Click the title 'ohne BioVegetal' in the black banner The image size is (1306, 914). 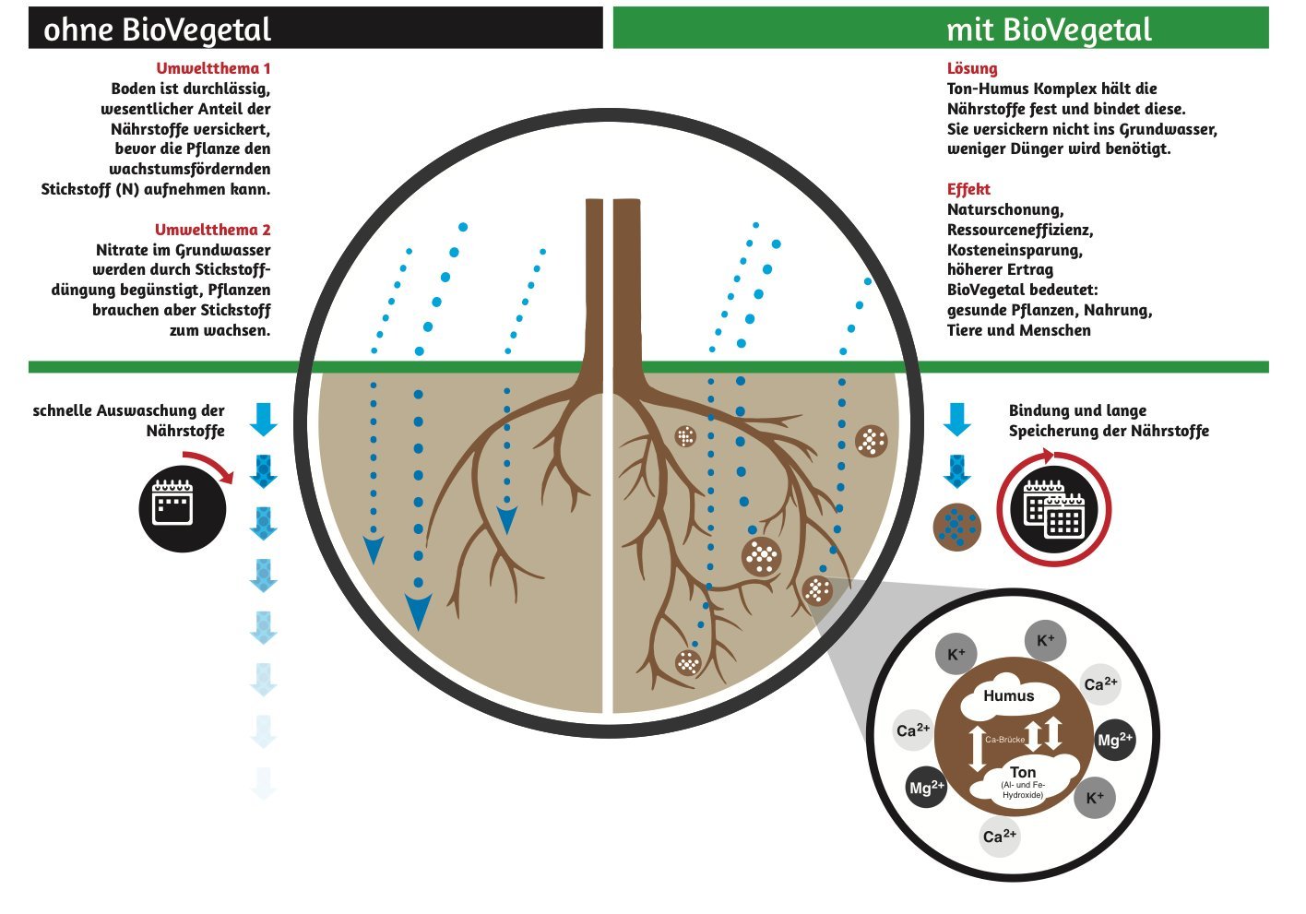[158, 30]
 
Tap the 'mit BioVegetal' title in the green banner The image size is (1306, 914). [1049, 30]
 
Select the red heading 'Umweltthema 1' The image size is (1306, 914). [213, 68]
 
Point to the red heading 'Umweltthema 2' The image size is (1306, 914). [213, 230]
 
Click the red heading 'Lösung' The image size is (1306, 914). [972, 68]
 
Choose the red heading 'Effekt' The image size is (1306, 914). [968, 189]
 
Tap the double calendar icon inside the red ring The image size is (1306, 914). [1054, 508]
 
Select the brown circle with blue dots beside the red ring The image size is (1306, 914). [957, 527]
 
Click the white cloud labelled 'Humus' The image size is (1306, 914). [1009, 695]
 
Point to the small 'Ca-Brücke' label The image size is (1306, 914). [1005, 739]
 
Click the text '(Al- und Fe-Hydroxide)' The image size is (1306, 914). [1023, 789]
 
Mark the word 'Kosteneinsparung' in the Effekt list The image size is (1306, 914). [1015, 250]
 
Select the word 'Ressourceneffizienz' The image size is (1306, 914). [1020, 230]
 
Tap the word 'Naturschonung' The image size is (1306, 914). [1005, 210]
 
